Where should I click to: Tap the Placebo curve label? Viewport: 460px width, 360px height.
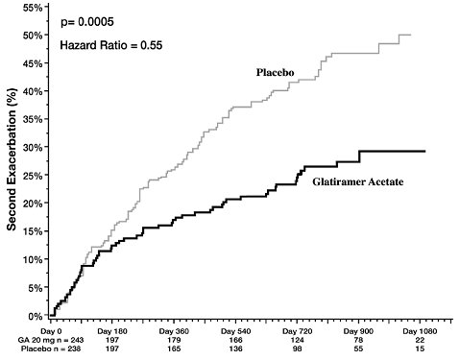click(x=277, y=73)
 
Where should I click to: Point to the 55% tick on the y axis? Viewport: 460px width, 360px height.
click(x=32, y=8)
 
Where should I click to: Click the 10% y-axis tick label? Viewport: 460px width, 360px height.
click(x=32, y=259)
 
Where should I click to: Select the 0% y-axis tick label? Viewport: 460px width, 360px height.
click(x=35, y=316)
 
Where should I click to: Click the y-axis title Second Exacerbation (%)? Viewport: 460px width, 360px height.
click(x=12, y=161)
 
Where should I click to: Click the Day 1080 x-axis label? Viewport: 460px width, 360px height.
click(x=418, y=329)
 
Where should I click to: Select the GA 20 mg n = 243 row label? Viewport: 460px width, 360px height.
click(x=38, y=339)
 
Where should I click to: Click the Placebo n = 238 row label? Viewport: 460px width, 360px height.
click(x=39, y=349)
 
